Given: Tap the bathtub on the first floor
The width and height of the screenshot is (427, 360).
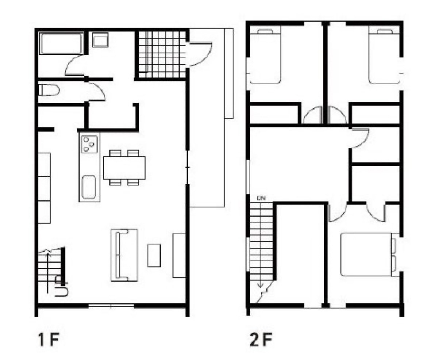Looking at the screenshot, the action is (62, 43).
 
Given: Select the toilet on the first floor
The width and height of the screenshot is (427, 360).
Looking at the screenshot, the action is (49, 90).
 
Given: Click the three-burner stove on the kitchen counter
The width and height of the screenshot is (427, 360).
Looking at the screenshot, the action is (89, 144).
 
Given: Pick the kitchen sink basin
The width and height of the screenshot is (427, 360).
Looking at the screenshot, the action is (89, 187).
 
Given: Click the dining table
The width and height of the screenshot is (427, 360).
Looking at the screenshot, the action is (124, 168).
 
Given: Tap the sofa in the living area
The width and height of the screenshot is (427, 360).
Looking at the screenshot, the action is (124, 255).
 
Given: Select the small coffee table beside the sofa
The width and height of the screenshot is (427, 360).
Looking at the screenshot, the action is (154, 255).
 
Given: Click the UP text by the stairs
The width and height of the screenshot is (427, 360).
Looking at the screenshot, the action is (62, 286).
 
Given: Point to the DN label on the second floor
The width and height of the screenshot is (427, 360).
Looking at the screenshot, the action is (261, 198).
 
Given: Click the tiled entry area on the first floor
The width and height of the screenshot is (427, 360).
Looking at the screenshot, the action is (162, 54).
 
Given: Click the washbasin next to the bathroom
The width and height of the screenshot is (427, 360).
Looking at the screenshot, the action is (100, 40).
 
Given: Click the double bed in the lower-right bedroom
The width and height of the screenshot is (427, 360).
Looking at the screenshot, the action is (369, 254).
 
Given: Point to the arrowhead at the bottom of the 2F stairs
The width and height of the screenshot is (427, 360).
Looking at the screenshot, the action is (261, 286).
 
